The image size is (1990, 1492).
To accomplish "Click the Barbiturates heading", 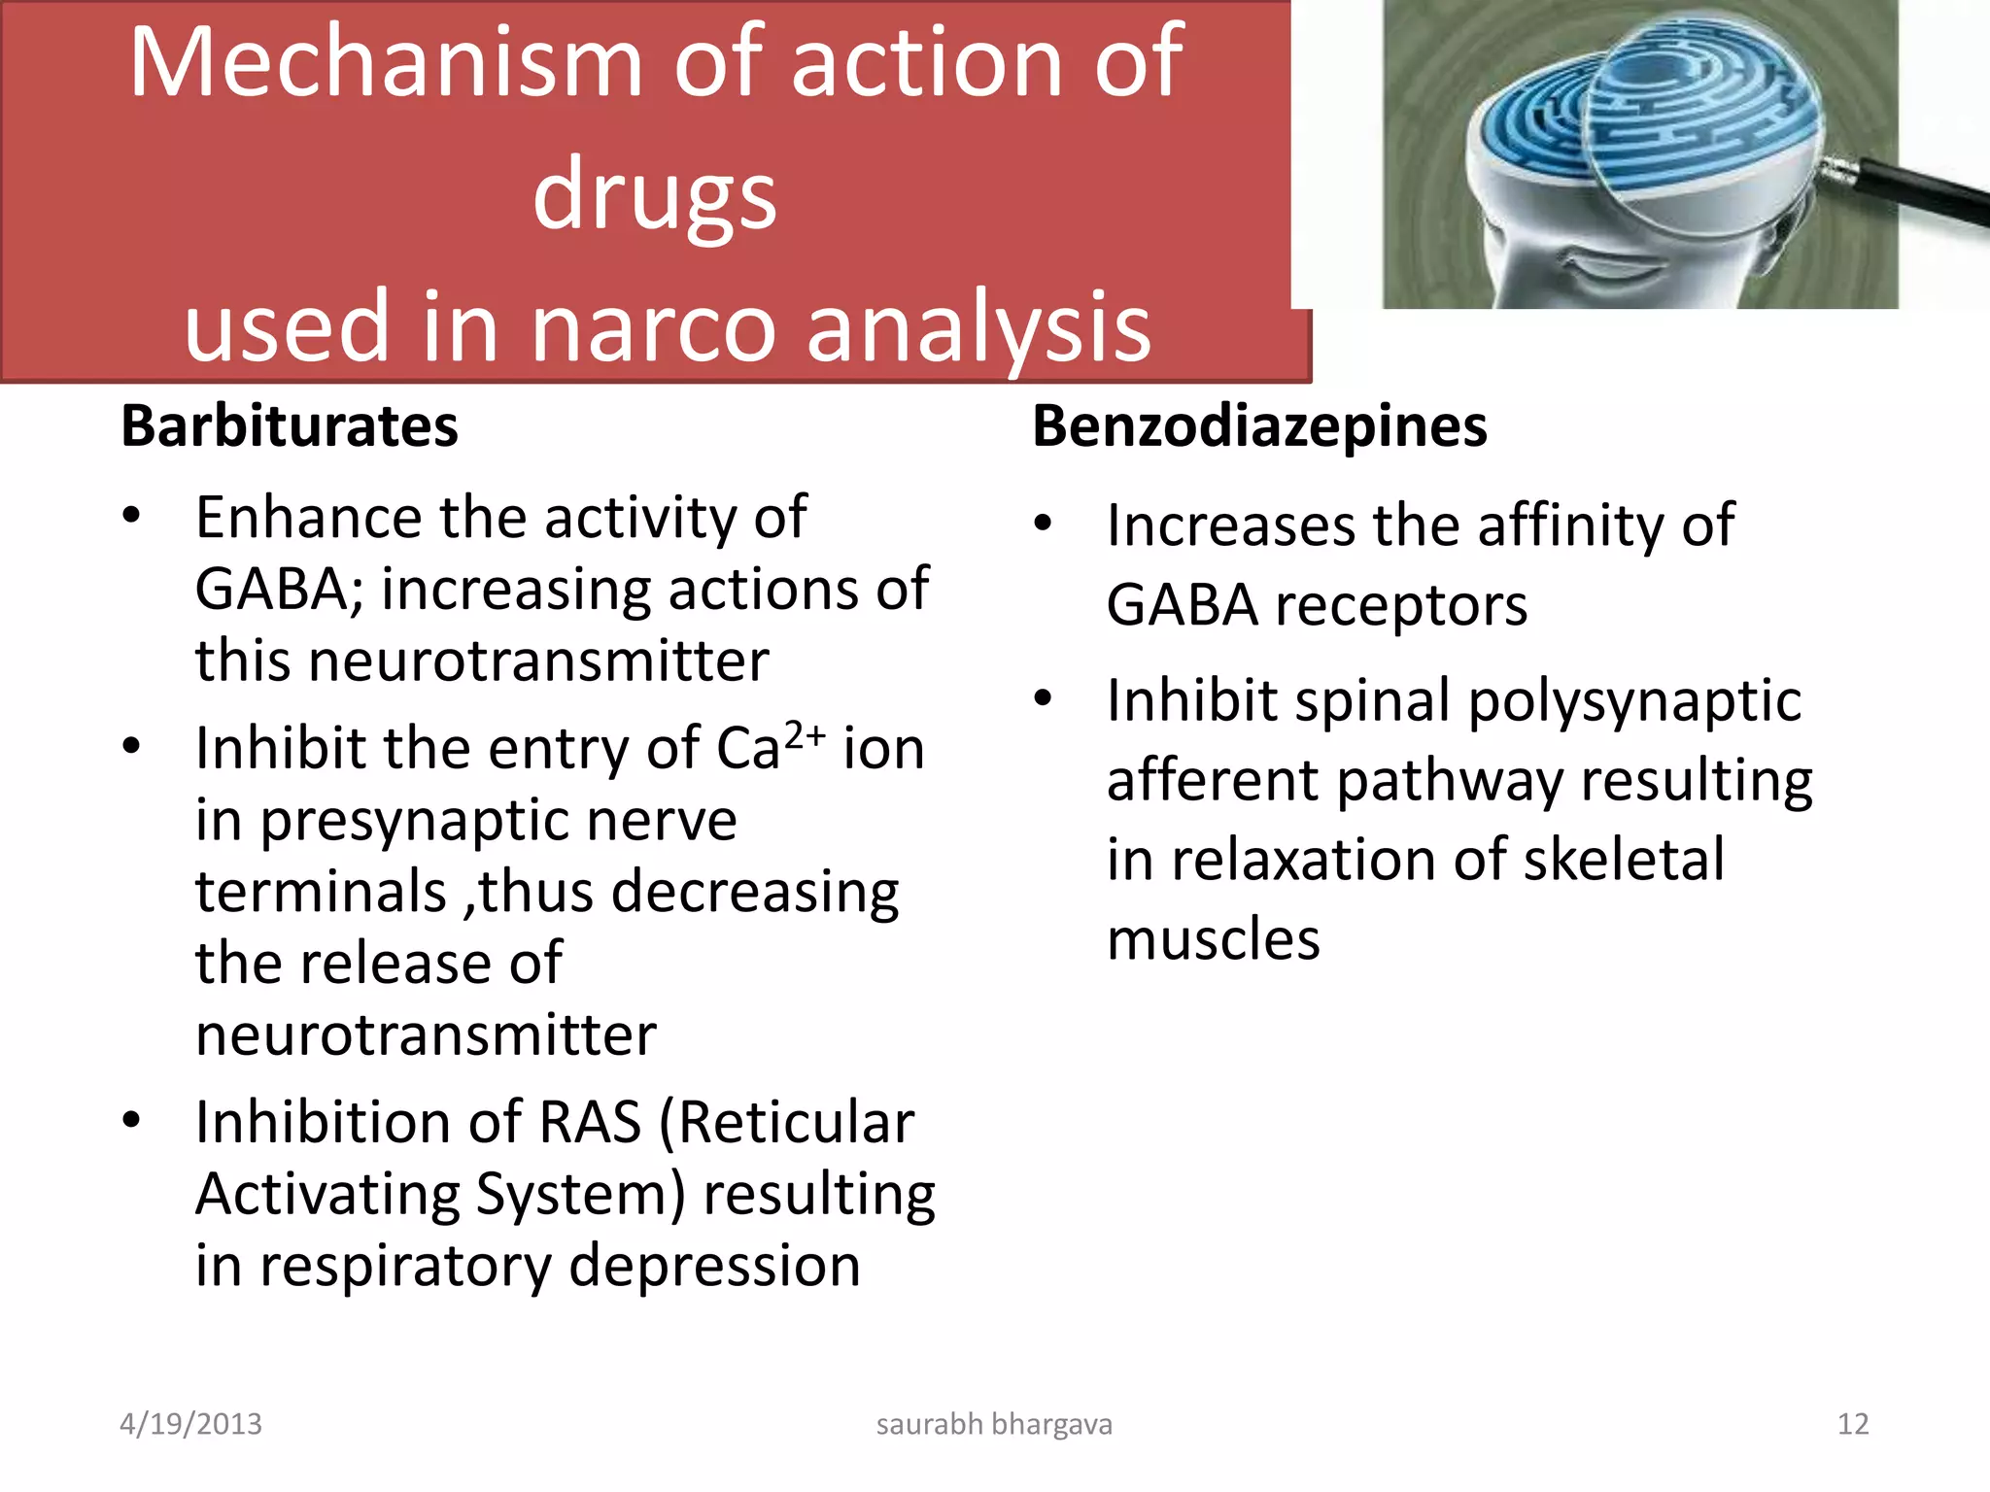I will [289, 426].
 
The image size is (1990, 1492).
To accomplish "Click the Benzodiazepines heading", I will [1258, 426].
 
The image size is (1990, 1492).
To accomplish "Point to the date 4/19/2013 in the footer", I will [190, 1424].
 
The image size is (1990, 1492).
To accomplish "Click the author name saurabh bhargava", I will [994, 1424].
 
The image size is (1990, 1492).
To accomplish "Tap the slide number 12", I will [1852, 1424].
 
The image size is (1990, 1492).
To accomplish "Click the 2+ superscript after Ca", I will [805, 734].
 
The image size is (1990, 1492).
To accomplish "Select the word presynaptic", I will [497, 821].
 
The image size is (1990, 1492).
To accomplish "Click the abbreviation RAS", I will [589, 1123].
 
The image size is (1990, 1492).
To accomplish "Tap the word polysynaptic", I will [1634, 701].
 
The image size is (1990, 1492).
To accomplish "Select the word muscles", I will [1213, 940].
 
